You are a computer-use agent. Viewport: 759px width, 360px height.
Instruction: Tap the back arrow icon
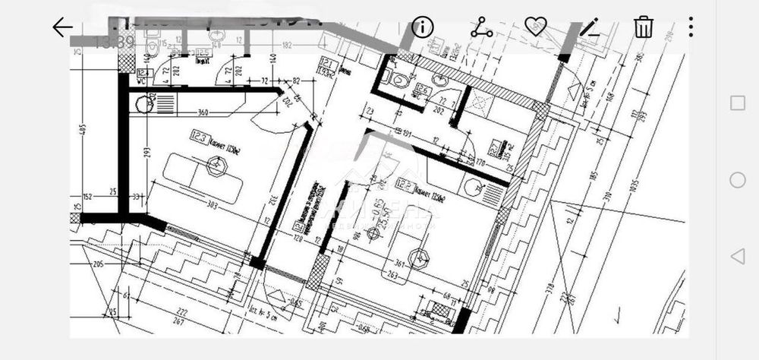(62, 27)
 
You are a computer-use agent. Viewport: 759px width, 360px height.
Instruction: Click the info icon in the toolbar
(422, 27)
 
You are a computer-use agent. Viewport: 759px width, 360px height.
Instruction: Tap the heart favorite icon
(536, 27)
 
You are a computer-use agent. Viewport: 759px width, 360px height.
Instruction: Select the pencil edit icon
(590, 27)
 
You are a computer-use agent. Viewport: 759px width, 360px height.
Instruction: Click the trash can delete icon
(644, 27)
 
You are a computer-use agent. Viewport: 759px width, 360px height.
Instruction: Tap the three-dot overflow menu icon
(691, 27)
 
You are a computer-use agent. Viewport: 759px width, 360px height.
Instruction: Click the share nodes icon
(481, 27)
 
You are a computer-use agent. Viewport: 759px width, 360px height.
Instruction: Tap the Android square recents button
(737, 103)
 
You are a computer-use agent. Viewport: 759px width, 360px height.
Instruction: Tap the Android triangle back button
(737, 256)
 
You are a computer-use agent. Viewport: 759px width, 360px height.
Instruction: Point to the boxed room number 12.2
(405, 183)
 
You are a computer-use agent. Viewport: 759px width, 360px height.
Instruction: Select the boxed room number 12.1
(327, 62)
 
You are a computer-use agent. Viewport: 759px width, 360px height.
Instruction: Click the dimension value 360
(203, 113)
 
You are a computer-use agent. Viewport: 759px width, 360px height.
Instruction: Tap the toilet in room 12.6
(397, 78)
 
